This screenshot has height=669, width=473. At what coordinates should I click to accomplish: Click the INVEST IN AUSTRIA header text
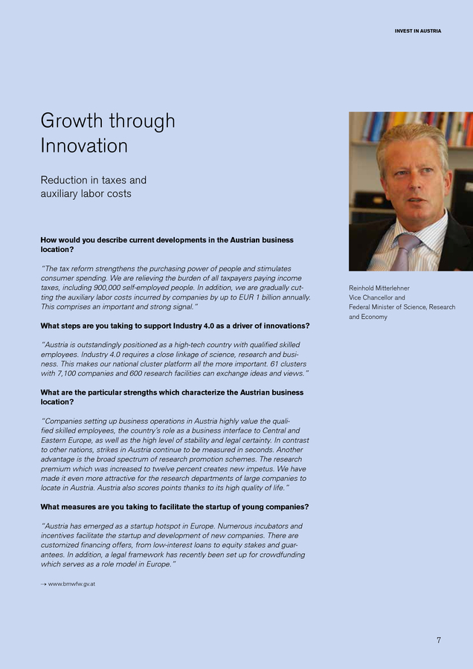[x=417, y=31]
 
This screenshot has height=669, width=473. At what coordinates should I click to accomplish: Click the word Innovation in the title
[x=84, y=146]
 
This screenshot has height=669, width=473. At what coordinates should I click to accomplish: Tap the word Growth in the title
[x=72, y=120]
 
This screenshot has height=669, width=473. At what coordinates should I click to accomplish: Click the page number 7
[x=439, y=640]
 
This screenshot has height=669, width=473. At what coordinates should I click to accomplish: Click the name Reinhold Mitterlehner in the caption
[x=379, y=288]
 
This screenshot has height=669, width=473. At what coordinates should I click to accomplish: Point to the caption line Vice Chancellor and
[x=376, y=297]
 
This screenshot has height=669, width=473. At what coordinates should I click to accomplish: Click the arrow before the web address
[x=43, y=584]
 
